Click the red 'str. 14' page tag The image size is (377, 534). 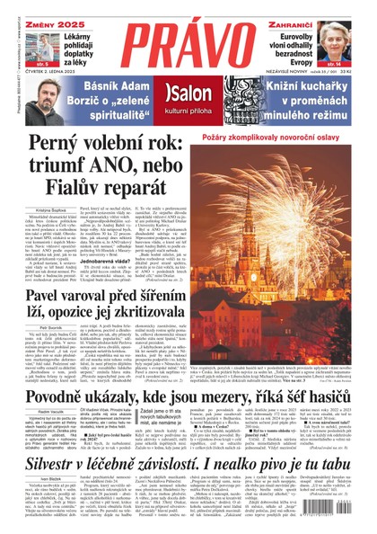[x=357, y=65]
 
